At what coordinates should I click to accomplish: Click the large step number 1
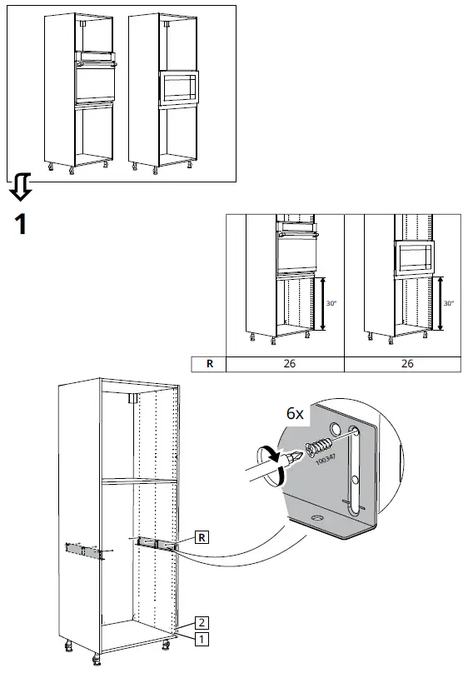(x=23, y=226)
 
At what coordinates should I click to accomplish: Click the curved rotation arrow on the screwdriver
(x=273, y=457)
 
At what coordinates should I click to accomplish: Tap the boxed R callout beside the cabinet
(x=202, y=536)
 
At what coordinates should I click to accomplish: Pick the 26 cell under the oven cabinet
(x=284, y=363)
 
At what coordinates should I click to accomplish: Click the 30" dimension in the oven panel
(x=332, y=303)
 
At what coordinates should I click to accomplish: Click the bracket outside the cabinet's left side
(x=84, y=549)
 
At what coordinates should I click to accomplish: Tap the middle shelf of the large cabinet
(x=137, y=481)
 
